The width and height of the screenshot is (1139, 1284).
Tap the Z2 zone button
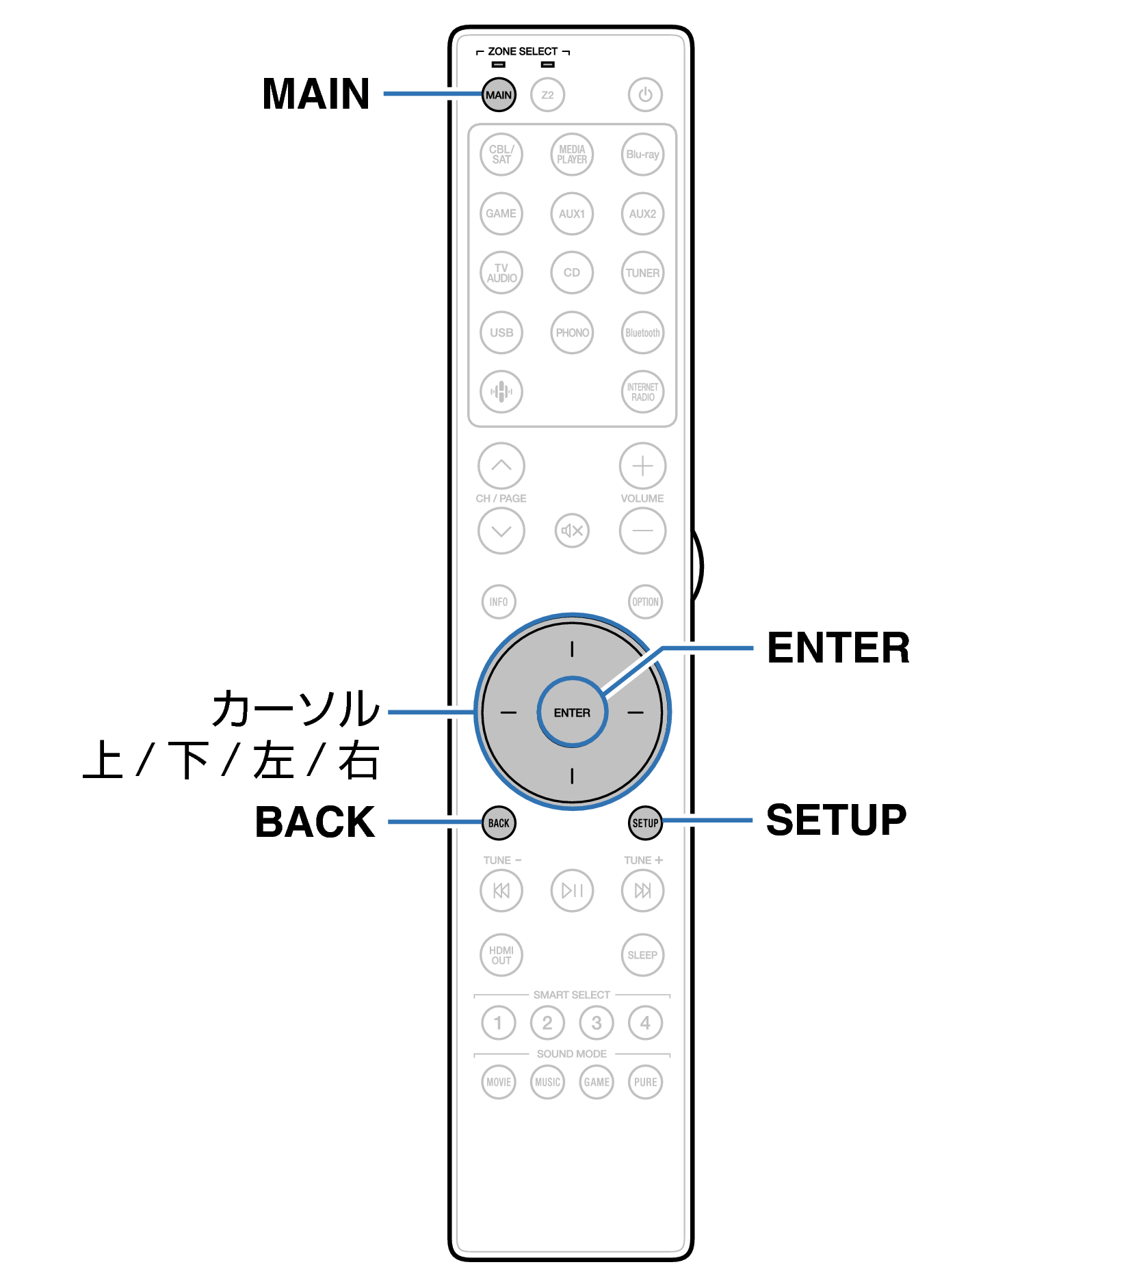tap(547, 95)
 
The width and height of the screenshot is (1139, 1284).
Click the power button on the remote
tap(645, 95)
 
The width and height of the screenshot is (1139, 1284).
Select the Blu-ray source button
tap(642, 155)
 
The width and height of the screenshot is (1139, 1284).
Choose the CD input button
tap(572, 273)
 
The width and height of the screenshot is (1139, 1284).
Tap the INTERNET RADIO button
tap(642, 392)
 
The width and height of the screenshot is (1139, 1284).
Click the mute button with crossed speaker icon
tap(572, 531)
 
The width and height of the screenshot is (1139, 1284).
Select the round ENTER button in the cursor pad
tap(572, 712)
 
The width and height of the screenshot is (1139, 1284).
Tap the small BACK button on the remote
tap(499, 823)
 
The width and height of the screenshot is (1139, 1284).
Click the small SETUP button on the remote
tap(645, 823)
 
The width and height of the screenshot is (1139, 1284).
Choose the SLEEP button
tap(642, 955)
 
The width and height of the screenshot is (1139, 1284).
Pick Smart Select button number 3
tap(597, 1023)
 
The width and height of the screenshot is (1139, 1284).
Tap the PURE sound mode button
tap(645, 1082)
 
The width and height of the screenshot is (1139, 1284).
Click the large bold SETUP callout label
tap(836, 820)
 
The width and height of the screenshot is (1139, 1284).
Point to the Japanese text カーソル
tap(296, 708)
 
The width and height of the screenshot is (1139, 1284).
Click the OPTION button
tap(645, 602)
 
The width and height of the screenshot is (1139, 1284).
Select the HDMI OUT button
tap(501, 955)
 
